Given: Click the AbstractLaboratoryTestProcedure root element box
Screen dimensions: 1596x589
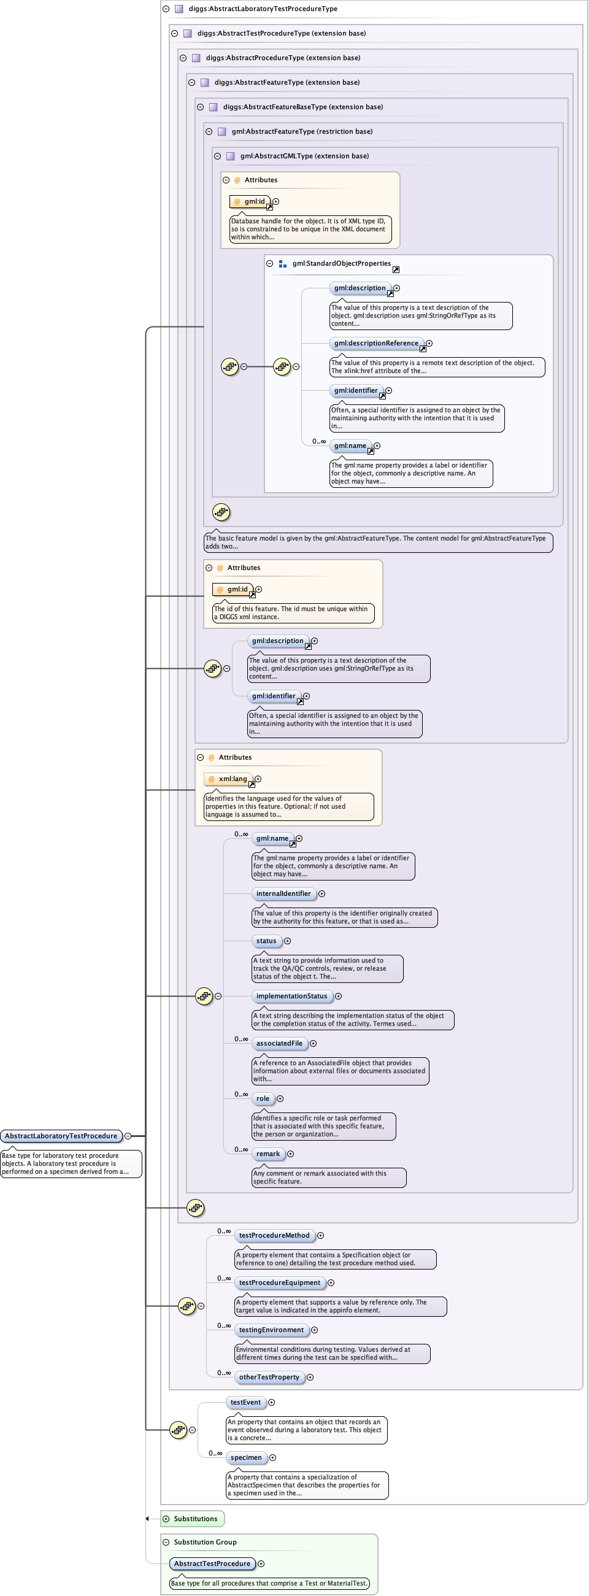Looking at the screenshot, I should (x=61, y=1136).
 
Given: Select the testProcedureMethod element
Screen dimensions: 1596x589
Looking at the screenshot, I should (x=274, y=1235).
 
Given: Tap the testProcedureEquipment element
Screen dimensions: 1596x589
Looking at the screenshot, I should (x=279, y=1282).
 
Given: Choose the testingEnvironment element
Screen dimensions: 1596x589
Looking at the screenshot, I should (x=271, y=1330).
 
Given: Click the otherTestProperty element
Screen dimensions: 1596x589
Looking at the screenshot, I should (x=269, y=1377).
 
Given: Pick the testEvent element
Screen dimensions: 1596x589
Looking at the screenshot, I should (x=245, y=1402).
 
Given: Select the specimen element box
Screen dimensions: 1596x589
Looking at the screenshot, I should (x=246, y=1457).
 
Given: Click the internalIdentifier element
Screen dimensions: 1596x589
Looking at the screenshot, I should (x=283, y=893).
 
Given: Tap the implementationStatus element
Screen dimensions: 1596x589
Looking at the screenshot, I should (x=291, y=997).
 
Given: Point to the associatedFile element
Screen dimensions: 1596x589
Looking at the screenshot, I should (x=279, y=1043).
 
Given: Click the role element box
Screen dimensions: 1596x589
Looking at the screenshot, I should (x=263, y=1098).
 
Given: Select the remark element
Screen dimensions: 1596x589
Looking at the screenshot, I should (x=268, y=1154).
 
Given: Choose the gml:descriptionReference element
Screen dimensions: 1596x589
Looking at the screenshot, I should (x=376, y=343).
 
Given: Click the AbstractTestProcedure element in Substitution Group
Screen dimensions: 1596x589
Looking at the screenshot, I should (x=212, y=1563).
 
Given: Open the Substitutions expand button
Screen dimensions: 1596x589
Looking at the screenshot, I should (x=166, y=1519).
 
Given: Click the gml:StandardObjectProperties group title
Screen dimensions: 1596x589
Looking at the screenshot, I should (x=341, y=263).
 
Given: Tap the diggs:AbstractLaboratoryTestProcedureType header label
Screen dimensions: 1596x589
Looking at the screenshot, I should (x=263, y=9).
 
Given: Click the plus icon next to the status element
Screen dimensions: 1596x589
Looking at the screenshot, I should (x=287, y=941).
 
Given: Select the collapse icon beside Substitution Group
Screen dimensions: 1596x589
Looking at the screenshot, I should (x=166, y=1542).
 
